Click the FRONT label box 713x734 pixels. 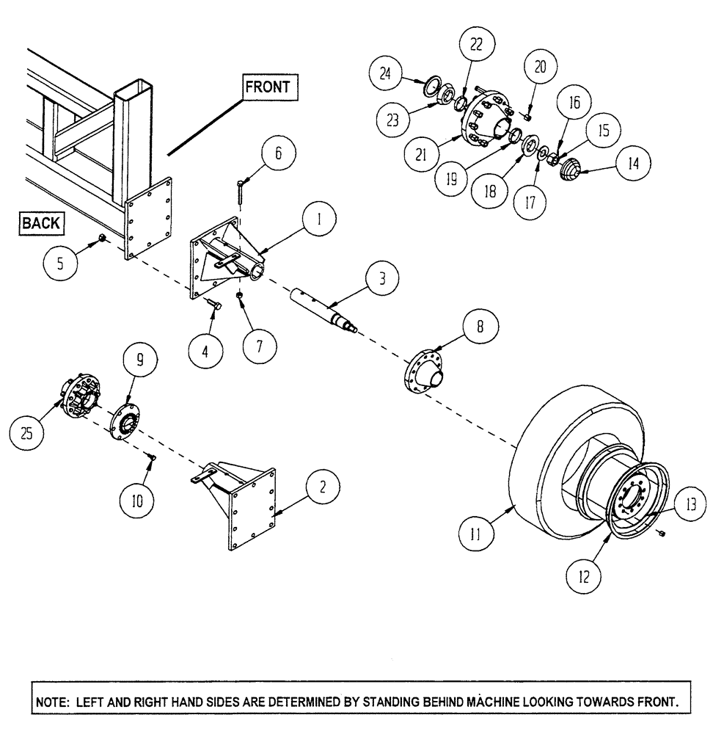coord(268,87)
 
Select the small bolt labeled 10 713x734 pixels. coord(152,458)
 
